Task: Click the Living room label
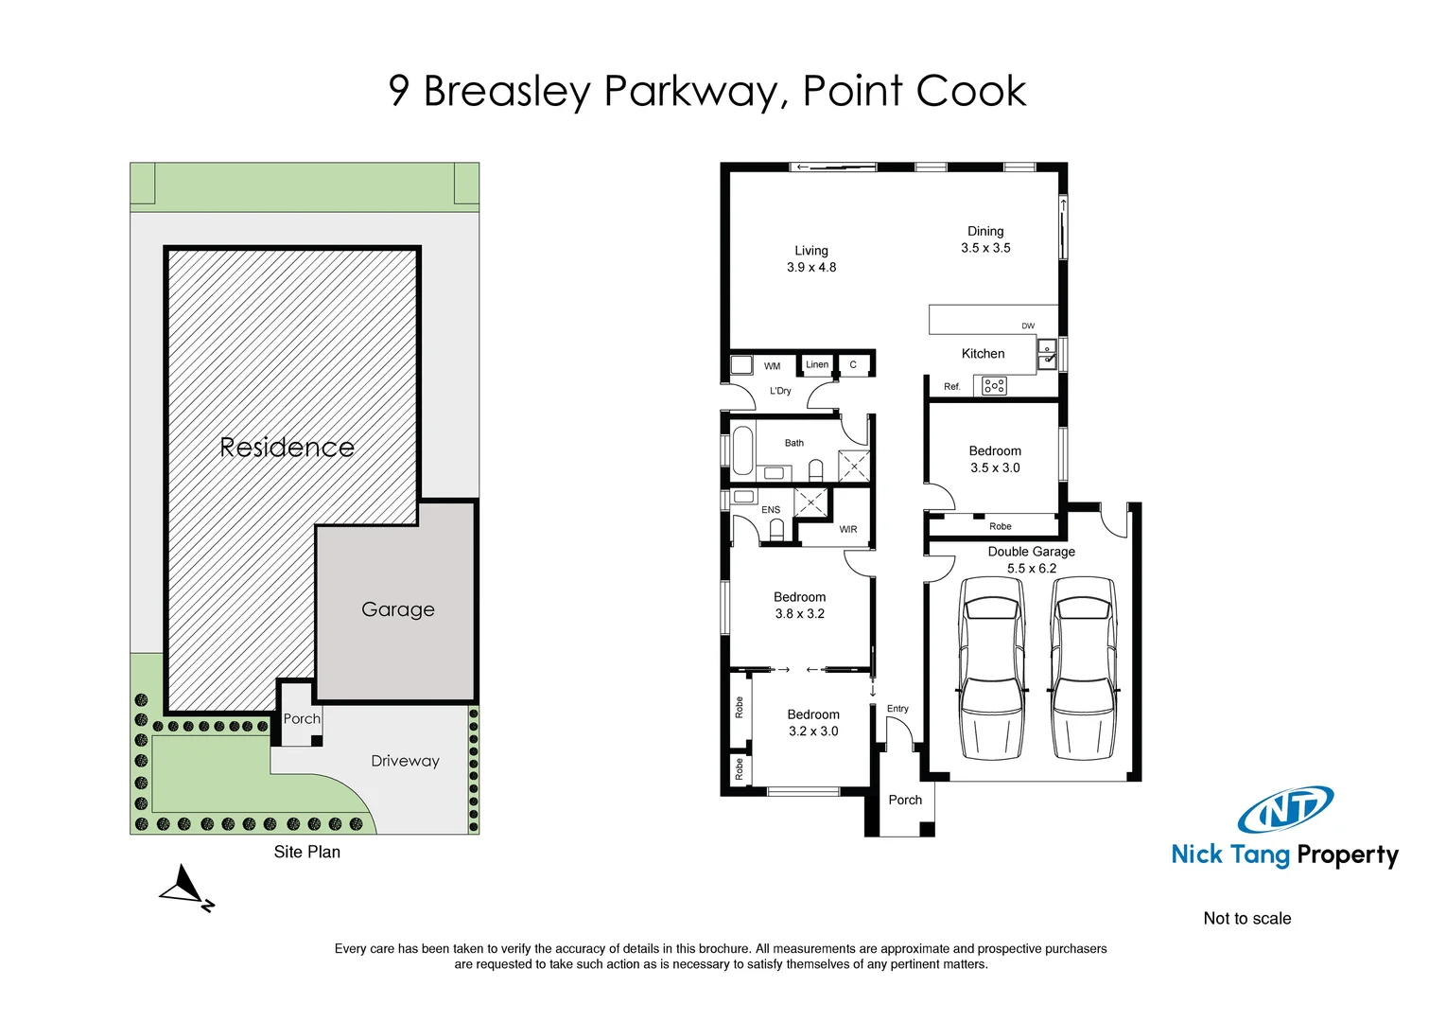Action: (810, 251)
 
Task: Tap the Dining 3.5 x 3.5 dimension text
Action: (985, 248)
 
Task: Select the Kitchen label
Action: (983, 354)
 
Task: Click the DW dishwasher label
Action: (1027, 326)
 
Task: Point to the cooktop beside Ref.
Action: (993, 386)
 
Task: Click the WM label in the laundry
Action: (772, 366)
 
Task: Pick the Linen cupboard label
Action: (817, 364)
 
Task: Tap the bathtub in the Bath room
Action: (742, 450)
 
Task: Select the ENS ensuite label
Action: (771, 510)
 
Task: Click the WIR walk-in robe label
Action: (847, 530)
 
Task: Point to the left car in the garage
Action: (991, 667)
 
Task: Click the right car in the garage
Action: (1084, 667)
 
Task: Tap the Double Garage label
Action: (1031, 552)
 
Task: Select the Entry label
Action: (897, 709)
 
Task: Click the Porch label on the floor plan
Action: (905, 801)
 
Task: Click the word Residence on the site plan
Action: (287, 448)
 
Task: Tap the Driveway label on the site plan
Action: (405, 761)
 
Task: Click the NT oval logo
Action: (1285, 810)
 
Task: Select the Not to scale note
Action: (1246, 919)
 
